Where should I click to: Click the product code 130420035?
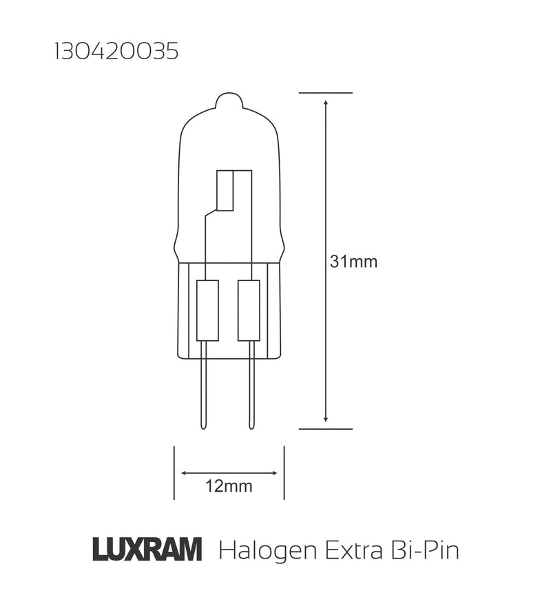tap(116, 53)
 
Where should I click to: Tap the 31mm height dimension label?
tap(353, 262)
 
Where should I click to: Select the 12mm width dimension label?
tap(229, 487)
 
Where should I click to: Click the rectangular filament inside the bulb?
tap(225, 189)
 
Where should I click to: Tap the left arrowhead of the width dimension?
tap(185, 472)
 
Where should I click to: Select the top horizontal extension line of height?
tap(326, 92)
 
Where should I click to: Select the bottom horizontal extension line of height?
tap(326, 428)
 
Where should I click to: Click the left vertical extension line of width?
tap(174, 472)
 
